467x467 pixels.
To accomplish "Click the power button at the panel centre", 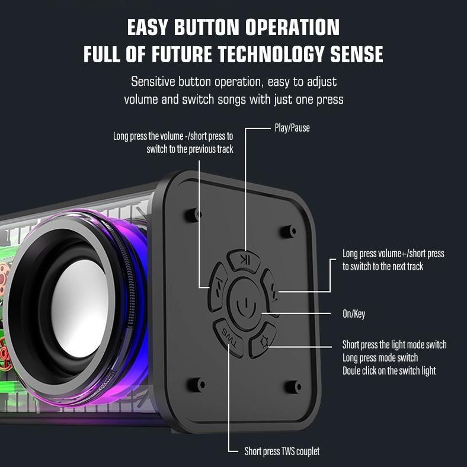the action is (245, 304).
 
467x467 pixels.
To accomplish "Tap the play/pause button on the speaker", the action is (244, 261).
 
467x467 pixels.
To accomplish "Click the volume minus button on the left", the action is (217, 287).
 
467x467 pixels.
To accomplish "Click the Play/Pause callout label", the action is (292, 128).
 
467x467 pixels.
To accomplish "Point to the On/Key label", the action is (354, 314).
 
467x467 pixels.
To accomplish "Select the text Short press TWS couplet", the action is (282, 451).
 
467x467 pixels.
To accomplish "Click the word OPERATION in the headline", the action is (293, 27).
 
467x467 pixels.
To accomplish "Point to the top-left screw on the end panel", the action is (194, 215).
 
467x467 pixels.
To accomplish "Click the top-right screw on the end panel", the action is (289, 231).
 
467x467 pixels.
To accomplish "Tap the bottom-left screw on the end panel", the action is (197, 385).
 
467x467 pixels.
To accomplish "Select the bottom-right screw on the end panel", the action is (293, 386).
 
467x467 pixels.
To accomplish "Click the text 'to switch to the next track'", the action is (383, 266).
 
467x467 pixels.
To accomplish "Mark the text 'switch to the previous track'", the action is (190, 149).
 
